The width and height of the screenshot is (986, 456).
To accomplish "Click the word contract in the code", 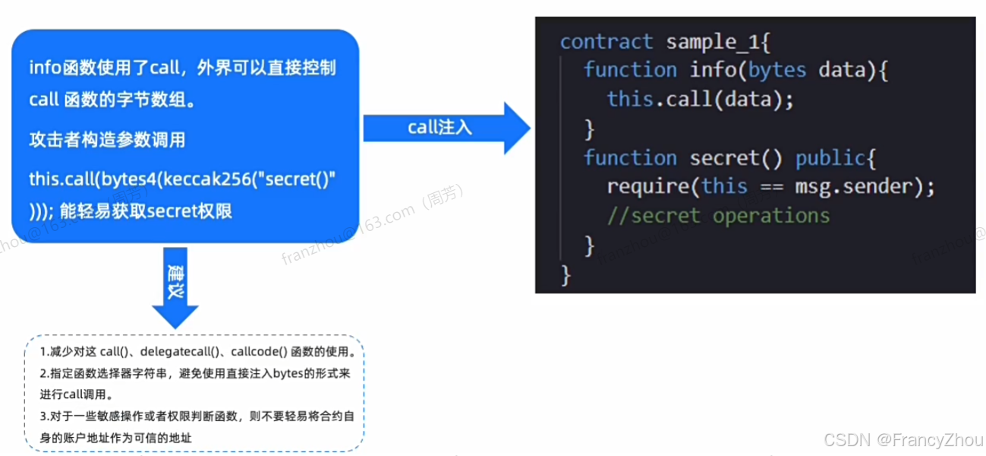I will click(x=606, y=42).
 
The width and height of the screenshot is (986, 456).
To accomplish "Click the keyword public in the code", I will click(x=830, y=158).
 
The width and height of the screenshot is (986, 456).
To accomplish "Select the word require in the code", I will click(x=647, y=187).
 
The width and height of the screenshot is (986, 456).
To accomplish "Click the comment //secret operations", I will click(x=718, y=216).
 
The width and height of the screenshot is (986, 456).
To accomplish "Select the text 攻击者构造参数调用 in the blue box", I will click(x=107, y=140).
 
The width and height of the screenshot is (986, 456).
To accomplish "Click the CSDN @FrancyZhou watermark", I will click(x=903, y=440).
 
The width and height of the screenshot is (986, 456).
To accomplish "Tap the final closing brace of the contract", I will click(x=565, y=274).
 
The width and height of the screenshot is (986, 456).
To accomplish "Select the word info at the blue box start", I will click(x=43, y=68).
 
